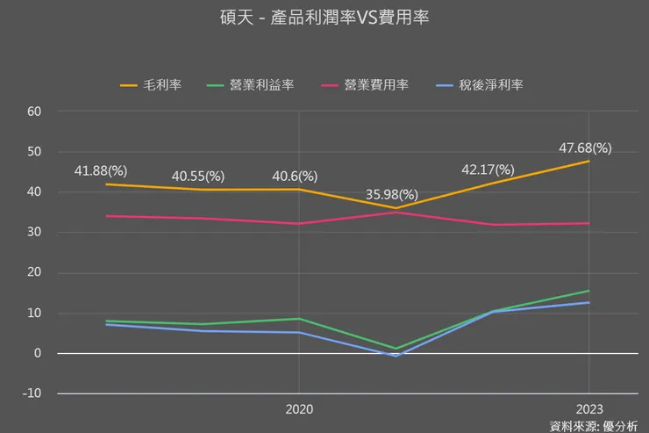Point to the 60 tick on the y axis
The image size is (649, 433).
[x=35, y=112]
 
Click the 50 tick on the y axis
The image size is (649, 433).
[x=35, y=152]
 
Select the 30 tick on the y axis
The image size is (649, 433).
[x=35, y=233]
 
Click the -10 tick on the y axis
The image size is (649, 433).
[x=32, y=393]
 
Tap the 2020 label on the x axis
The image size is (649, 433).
[x=299, y=409]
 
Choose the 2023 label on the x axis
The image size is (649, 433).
[x=588, y=409]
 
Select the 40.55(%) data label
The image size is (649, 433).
[x=198, y=176]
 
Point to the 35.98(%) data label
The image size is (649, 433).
[x=392, y=194]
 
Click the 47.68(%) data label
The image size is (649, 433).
[x=585, y=148]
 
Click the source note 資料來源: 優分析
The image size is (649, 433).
[x=593, y=425]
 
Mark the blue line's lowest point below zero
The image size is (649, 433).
[x=396, y=356]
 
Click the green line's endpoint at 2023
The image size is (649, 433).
[x=588, y=291]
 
